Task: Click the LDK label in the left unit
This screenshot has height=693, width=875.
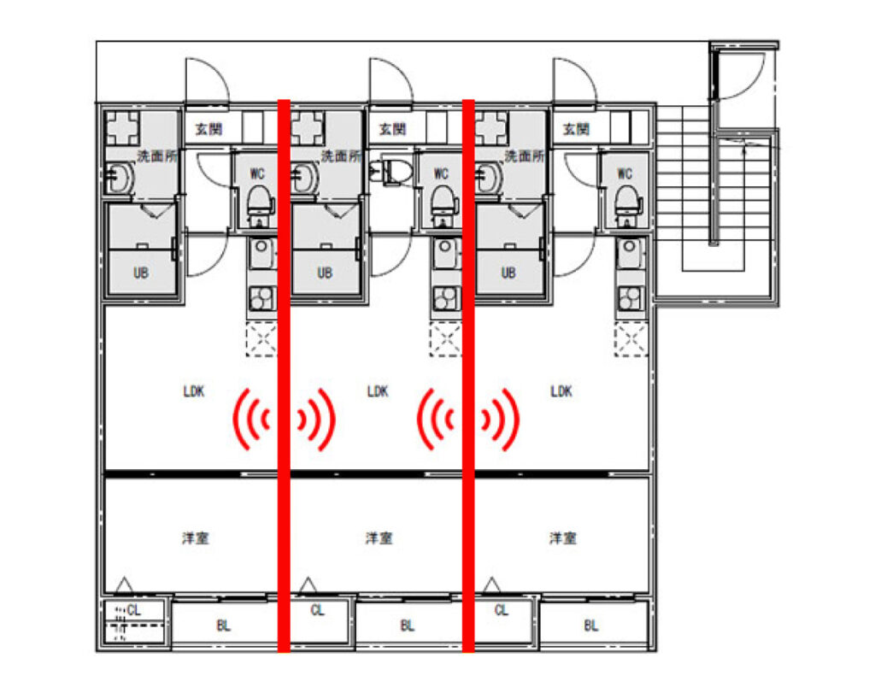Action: pos(194,391)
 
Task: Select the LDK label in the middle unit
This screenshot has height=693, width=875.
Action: pos(378,391)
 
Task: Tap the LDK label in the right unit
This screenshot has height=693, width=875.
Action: pos(561,391)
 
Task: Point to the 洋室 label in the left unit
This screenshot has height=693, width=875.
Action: pos(196,537)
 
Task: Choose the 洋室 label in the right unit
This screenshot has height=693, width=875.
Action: pos(563,537)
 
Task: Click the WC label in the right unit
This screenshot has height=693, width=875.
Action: pos(625,173)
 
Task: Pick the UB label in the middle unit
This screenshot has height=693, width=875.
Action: pos(325,273)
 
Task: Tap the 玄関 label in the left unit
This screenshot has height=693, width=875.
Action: pos(209,129)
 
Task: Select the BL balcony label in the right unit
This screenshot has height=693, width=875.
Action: pos(591,625)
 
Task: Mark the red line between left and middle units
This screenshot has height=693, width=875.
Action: pos(284,375)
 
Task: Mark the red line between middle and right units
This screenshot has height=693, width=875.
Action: pos(468,375)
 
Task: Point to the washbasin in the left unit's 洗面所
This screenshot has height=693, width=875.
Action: pos(120,178)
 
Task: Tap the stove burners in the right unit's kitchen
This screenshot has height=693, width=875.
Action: pos(631,298)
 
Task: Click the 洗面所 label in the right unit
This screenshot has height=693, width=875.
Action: pos(524,156)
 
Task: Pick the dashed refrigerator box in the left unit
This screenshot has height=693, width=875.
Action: pos(261,339)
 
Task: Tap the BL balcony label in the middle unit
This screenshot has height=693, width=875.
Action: pos(408,625)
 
